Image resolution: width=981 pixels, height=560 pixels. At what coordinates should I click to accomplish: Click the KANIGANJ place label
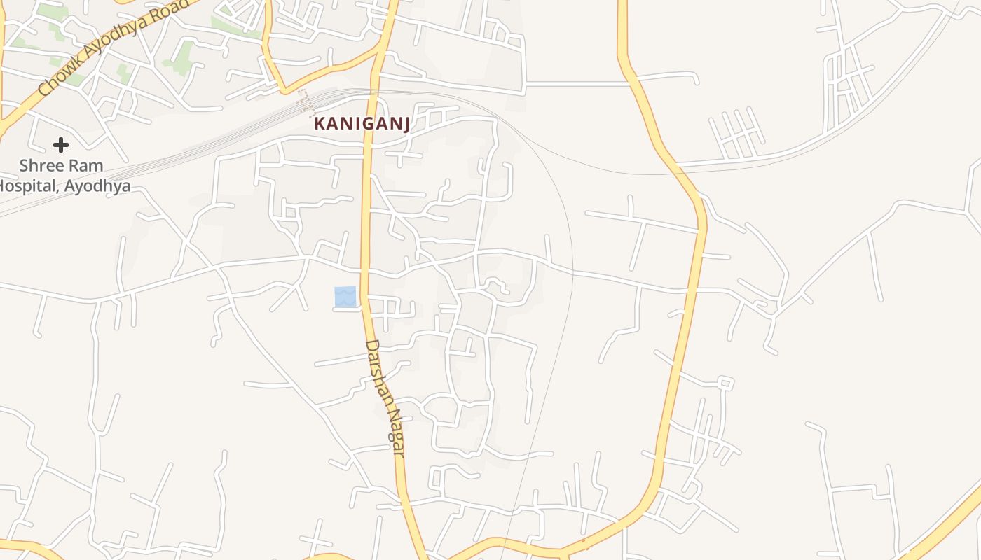(362, 124)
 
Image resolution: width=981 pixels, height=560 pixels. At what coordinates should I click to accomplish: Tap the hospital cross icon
(61, 145)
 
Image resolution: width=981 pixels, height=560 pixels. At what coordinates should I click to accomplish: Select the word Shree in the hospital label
(41, 166)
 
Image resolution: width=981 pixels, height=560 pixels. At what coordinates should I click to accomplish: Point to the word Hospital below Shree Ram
(28, 186)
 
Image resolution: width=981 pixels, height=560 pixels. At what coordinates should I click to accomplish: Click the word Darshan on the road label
(378, 372)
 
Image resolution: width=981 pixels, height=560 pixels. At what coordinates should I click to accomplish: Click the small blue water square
(345, 296)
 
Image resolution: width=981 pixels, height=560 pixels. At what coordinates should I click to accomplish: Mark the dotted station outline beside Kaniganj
(305, 101)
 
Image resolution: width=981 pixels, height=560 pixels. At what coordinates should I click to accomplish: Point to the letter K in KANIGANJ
(320, 124)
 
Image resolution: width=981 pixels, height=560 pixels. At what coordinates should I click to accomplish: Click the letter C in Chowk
(44, 89)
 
